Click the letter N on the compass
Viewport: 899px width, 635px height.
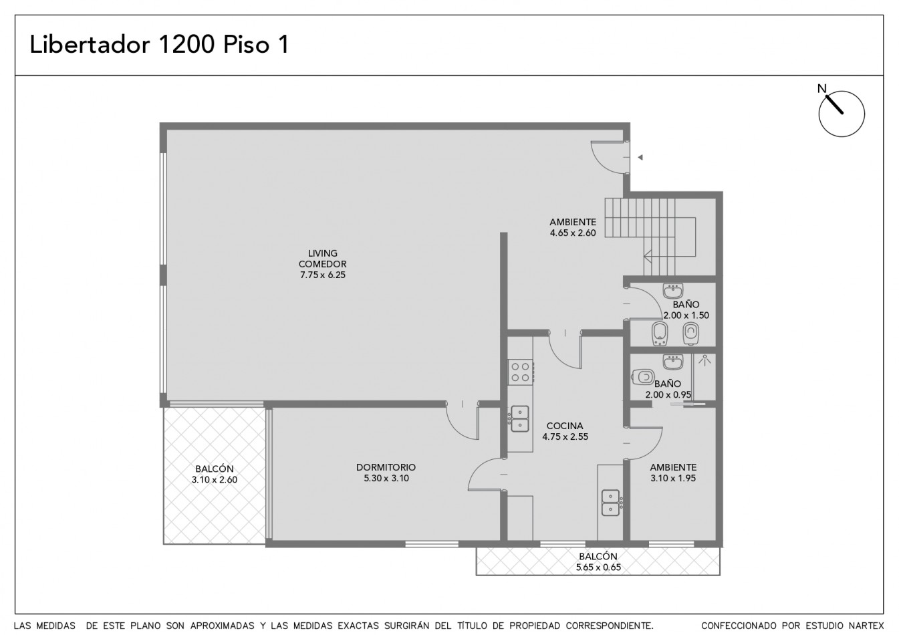822,88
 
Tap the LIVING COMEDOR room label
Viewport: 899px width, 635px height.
323,259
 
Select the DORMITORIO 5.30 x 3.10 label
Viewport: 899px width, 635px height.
386,473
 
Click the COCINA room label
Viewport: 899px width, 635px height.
565,426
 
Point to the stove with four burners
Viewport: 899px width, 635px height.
520,372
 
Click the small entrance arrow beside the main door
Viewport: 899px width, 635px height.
640,157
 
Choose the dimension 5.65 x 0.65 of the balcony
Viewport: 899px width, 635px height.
598,567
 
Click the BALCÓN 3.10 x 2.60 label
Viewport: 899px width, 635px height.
215,474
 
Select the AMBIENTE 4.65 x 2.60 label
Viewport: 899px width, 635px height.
573,227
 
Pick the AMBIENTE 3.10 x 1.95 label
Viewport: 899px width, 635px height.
673,473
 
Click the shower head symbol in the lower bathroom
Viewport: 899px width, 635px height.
704,360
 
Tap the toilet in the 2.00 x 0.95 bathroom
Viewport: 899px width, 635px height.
644,377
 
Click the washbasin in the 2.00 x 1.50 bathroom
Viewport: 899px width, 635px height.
673,290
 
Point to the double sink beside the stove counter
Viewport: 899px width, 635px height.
520,418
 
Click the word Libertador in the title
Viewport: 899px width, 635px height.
90,44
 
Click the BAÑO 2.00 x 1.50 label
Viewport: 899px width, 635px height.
686,310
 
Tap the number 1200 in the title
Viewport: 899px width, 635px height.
186,44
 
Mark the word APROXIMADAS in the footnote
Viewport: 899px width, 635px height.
222,626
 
